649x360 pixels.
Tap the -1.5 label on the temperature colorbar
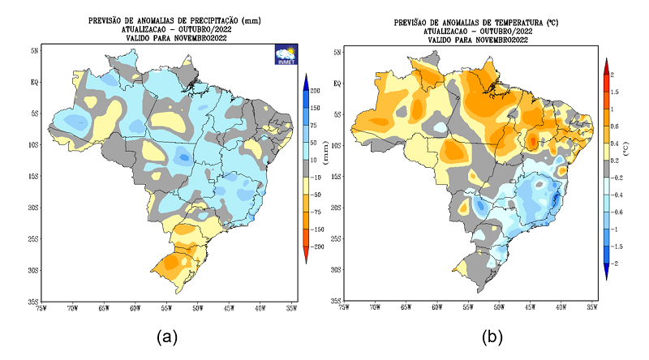(618, 246)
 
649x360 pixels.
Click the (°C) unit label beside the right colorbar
(626, 149)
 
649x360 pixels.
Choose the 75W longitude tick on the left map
(41, 309)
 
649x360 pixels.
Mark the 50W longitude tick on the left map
(198, 309)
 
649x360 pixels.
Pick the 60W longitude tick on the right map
(436, 308)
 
